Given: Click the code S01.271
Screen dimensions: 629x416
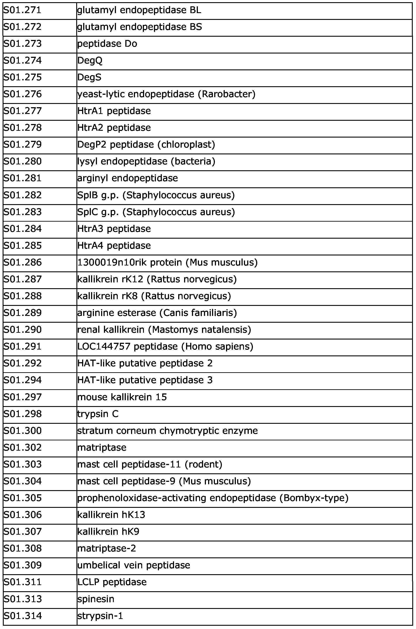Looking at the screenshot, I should [22, 10].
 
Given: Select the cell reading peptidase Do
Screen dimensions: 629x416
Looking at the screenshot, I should [107, 44].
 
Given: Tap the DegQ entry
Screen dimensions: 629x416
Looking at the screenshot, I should [90, 60].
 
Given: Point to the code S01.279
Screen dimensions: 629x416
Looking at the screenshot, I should [22, 145].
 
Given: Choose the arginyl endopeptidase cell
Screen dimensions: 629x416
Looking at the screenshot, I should [127, 178].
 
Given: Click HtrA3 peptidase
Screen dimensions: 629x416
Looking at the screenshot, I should [114, 229].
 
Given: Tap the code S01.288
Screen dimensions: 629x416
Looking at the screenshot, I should [22, 296].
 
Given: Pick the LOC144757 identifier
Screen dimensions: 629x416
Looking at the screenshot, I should [104, 346].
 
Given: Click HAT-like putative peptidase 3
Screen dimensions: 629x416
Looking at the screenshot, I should [145, 380].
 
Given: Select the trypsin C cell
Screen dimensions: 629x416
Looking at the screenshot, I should [98, 414].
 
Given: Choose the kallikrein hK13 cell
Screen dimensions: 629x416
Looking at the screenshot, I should [111, 515].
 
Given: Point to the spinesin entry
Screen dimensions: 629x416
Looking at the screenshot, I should [96, 599].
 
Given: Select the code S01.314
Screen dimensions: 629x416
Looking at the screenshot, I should [22, 616].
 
